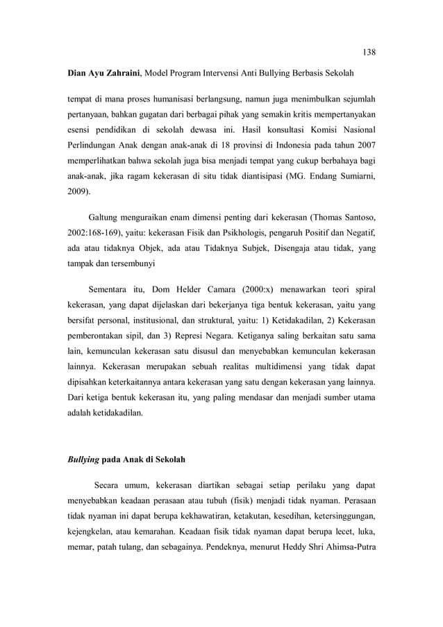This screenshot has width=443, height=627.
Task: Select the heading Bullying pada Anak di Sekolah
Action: point(126,460)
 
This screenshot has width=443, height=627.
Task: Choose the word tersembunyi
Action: point(133,265)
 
